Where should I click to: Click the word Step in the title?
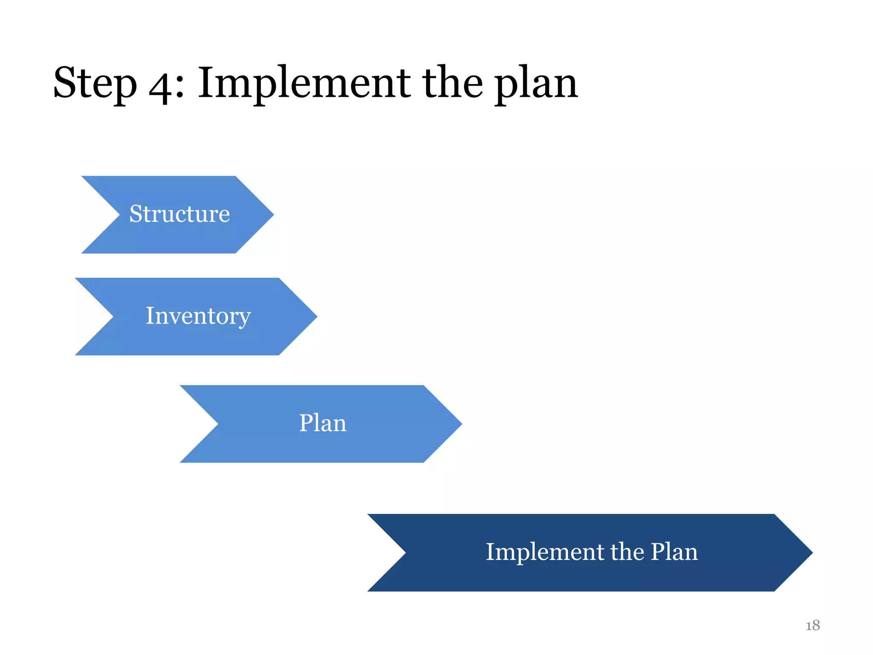[x=95, y=83]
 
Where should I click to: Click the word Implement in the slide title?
[x=304, y=83]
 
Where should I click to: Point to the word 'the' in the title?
[x=452, y=83]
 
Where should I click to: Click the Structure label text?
[x=179, y=214]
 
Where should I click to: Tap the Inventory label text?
[x=198, y=316]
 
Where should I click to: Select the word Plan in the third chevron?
[x=323, y=423]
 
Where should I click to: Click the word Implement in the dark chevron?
[x=544, y=552]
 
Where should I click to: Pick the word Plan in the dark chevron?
[x=674, y=552]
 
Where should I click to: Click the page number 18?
[x=812, y=626]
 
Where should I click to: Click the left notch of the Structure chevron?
[x=119, y=214]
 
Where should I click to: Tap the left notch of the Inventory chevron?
[x=112, y=316]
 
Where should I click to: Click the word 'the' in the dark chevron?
[x=627, y=552]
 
